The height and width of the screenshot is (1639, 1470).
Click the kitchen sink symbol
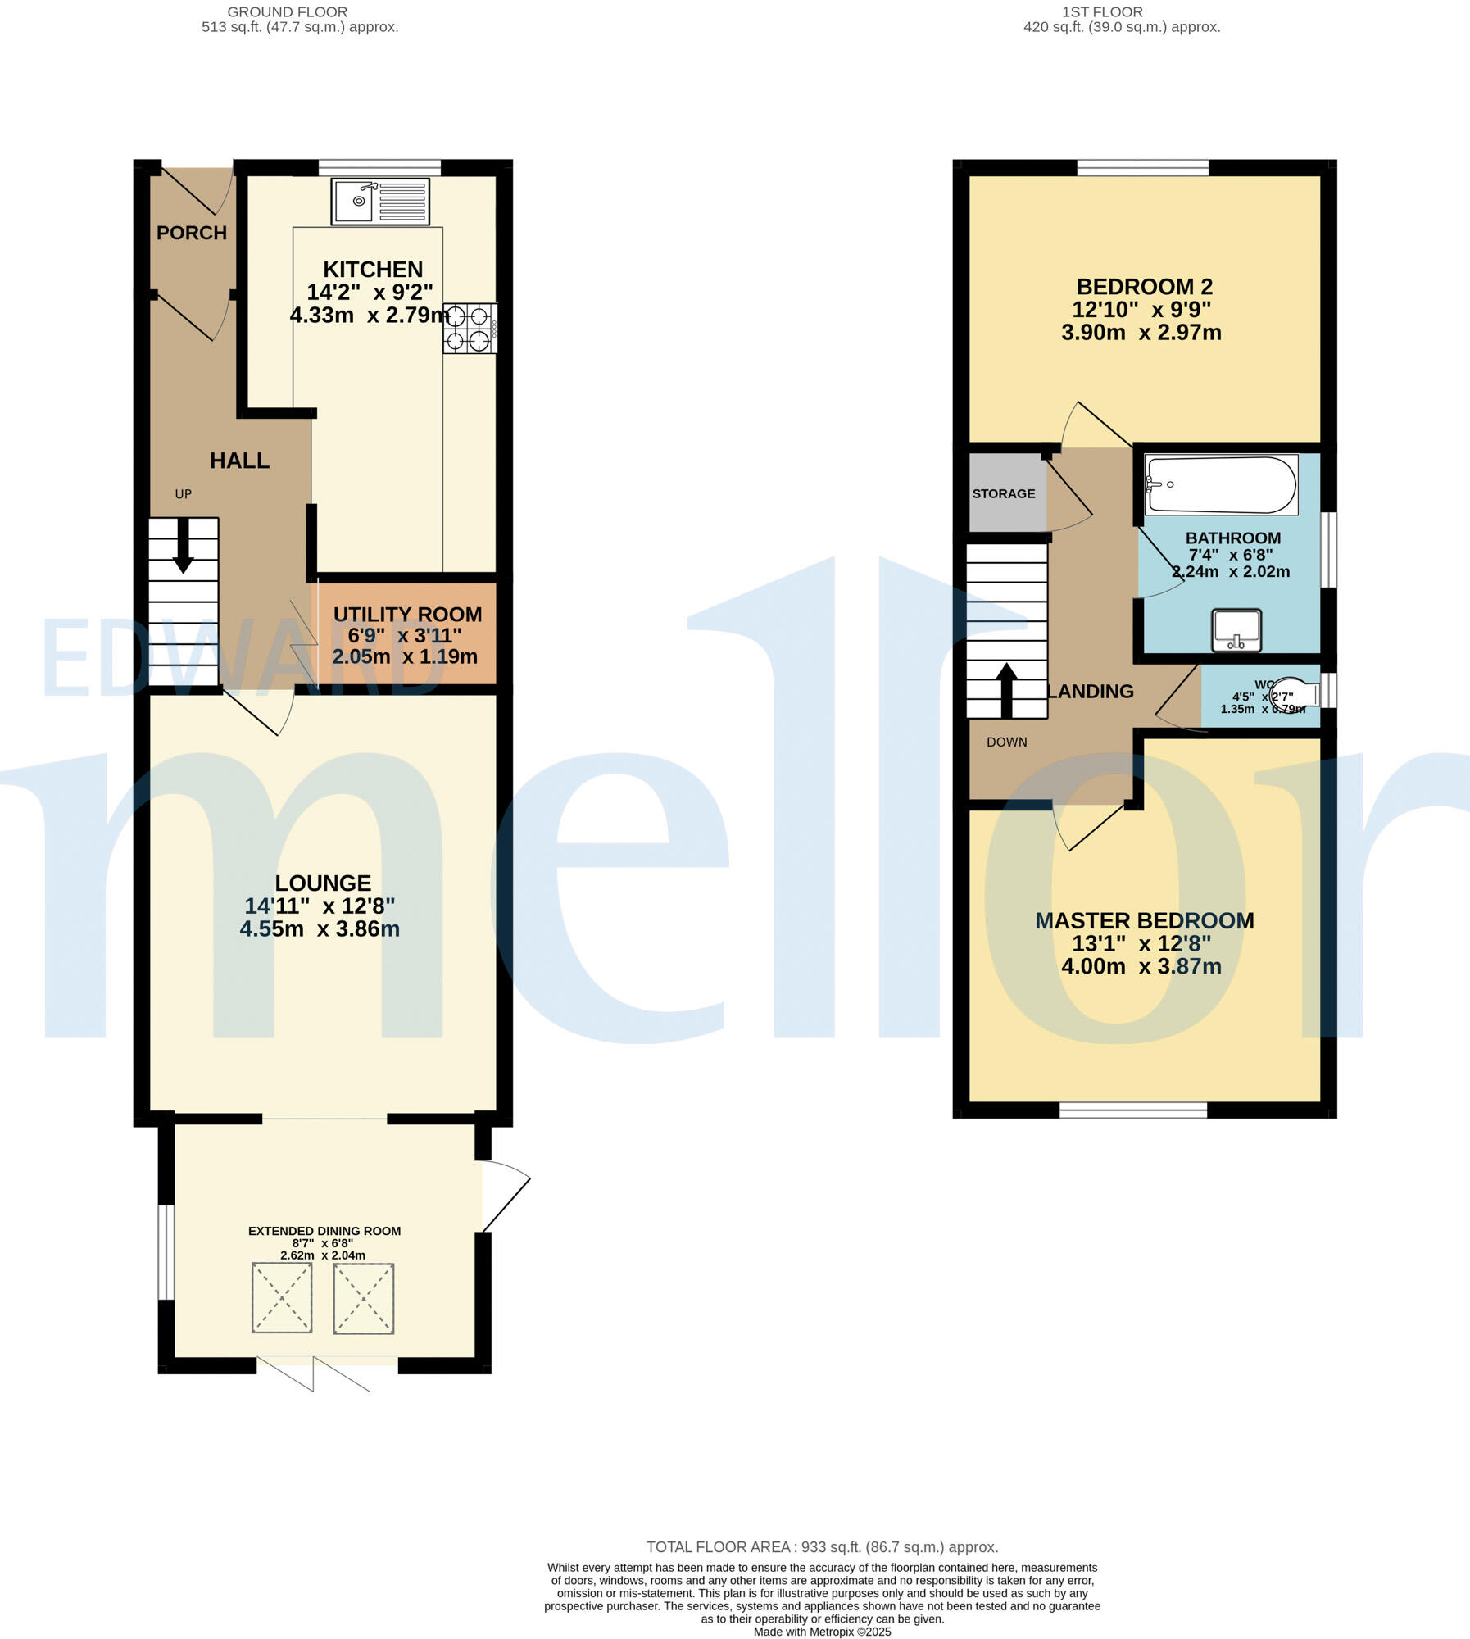[x=380, y=202]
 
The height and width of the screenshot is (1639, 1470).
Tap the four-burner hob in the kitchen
[x=470, y=329]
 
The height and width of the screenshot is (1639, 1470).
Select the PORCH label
[x=192, y=233]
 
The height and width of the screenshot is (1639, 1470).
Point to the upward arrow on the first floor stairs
[x=1006, y=689]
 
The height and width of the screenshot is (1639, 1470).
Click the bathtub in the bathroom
[x=1221, y=485]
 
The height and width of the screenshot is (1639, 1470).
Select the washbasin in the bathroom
[x=1236, y=631]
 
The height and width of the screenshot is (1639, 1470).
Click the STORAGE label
[x=1004, y=493]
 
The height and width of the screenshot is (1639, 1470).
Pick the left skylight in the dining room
[x=282, y=1298]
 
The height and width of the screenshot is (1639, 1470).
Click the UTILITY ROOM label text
[x=407, y=615]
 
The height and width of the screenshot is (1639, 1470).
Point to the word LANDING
[x=1091, y=692]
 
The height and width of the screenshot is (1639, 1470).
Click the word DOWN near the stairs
[x=1006, y=742]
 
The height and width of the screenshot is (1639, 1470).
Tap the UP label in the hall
[x=183, y=494]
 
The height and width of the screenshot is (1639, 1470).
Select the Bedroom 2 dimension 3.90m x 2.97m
[x=1141, y=334]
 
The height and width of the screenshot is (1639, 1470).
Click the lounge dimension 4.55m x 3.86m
[x=320, y=929]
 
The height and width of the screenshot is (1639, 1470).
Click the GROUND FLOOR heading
[x=287, y=12]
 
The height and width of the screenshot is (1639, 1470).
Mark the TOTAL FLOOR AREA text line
[x=822, y=1547]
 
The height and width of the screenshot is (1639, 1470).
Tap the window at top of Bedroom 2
[x=1142, y=168]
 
